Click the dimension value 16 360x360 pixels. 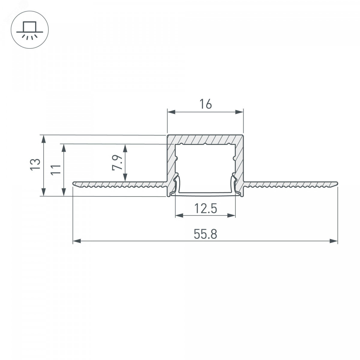click(205, 104)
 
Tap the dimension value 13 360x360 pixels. click(35, 164)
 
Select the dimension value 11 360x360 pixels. click(56, 169)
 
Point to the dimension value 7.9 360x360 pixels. click(117, 163)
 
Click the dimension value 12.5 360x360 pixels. click(205, 208)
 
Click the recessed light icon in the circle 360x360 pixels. click(30, 30)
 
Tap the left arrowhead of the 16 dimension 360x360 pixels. click(171, 112)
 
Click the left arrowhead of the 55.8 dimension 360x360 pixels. click(77, 241)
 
